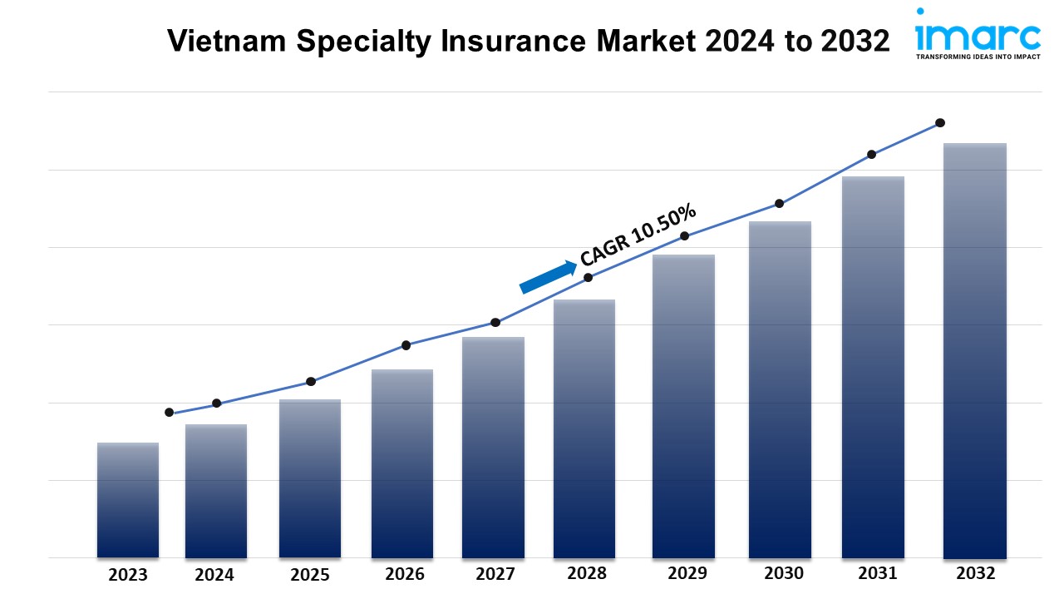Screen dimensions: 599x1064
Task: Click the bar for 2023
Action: click(x=127, y=499)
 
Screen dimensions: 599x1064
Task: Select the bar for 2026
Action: click(x=402, y=463)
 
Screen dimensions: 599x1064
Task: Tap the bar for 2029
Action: click(x=683, y=406)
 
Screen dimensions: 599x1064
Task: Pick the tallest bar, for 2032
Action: click(x=974, y=350)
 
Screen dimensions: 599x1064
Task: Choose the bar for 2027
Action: click(x=493, y=447)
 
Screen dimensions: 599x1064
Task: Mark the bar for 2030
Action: click(x=780, y=389)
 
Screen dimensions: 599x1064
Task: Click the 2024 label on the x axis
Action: click(x=215, y=575)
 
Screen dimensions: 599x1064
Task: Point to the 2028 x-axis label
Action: click(x=586, y=573)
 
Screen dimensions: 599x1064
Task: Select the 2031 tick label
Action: click(x=877, y=573)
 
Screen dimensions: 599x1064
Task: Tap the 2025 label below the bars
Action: click(x=310, y=575)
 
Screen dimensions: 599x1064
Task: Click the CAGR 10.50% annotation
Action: click(x=638, y=236)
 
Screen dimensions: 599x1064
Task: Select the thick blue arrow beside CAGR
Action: click(x=549, y=277)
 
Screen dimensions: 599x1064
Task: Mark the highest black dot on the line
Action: click(x=940, y=122)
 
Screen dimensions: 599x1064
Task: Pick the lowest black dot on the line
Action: click(x=170, y=413)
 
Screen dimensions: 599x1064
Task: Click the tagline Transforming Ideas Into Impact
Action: click(x=978, y=57)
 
